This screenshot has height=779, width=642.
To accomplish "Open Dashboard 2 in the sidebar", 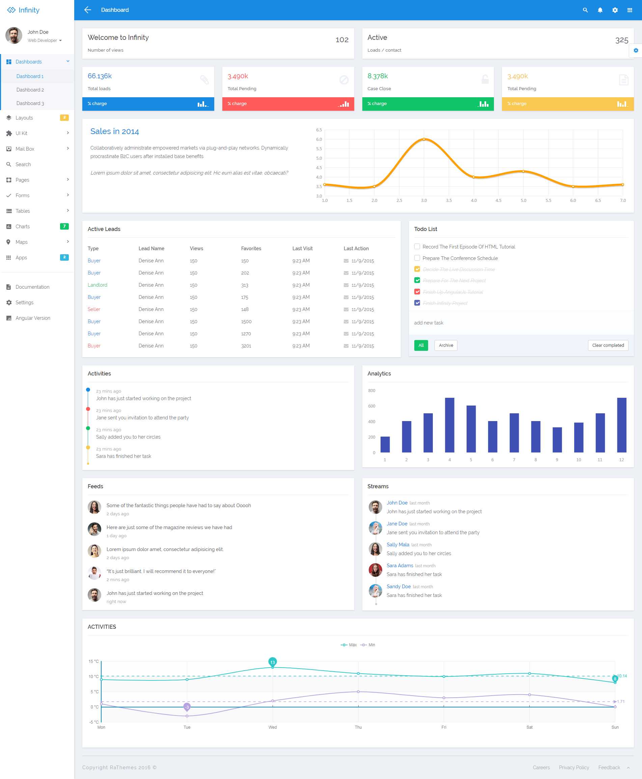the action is click(30, 89).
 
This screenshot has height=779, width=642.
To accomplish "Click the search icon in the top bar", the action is click(585, 10).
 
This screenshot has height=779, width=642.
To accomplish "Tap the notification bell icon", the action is click(600, 10).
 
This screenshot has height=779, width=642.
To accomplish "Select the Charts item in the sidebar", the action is click(23, 227).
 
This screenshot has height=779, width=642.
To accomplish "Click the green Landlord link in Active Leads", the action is click(97, 285).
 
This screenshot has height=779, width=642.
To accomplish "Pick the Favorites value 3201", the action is click(246, 346).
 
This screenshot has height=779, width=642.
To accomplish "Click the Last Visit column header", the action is click(302, 248).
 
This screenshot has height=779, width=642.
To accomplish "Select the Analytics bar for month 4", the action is click(449, 425).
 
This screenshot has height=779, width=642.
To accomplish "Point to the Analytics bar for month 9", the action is click(557, 440).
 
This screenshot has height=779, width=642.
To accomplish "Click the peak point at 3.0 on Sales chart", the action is click(424, 139).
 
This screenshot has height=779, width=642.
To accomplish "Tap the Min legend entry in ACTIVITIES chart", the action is click(368, 645).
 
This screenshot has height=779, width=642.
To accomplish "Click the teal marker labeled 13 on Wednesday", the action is click(273, 662).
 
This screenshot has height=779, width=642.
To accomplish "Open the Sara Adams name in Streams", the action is click(400, 566).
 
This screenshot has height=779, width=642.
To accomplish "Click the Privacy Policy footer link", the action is click(574, 767).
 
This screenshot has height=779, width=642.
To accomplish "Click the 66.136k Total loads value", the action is click(100, 76).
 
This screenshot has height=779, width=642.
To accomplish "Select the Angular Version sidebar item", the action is click(32, 318).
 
